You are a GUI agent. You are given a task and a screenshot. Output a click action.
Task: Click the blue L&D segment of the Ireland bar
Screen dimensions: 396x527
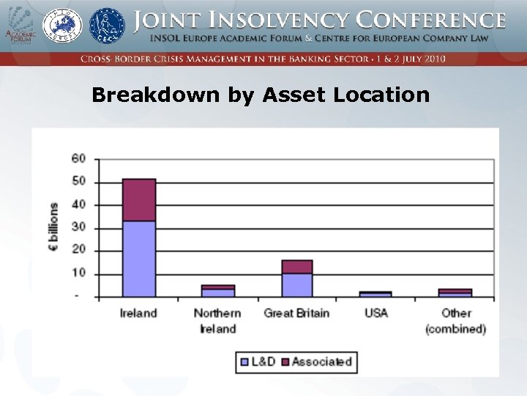pos(138,258)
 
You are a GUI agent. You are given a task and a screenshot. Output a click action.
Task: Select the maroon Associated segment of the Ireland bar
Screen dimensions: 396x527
pos(138,199)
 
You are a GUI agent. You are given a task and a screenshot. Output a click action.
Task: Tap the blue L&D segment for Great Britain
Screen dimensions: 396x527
pos(297,285)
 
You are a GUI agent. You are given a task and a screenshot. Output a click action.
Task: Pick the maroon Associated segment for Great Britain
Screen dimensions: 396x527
pos(297,267)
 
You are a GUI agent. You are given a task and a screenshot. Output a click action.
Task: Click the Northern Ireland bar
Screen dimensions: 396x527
pos(217,291)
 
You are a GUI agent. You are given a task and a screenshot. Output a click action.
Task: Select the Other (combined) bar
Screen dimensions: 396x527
pos(455,293)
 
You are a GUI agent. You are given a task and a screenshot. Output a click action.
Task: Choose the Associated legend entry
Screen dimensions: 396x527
pos(317,361)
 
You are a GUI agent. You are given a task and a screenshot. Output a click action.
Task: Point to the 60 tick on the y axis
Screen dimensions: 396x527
pos(78,158)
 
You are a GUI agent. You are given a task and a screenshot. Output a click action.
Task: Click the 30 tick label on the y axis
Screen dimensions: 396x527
pos(78,227)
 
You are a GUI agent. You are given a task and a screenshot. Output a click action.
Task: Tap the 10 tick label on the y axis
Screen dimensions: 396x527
pos(78,274)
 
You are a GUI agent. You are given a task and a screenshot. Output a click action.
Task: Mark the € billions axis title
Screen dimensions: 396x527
pos(54,227)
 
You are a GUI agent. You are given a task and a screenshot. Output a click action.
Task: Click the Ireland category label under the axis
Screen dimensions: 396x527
pos(138,313)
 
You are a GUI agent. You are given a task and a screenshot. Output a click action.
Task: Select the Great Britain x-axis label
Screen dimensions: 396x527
pos(296,313)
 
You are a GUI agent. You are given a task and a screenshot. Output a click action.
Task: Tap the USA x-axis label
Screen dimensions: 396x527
pos(376,313)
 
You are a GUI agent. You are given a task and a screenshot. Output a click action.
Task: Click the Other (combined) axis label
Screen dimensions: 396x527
pos(455,320)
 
